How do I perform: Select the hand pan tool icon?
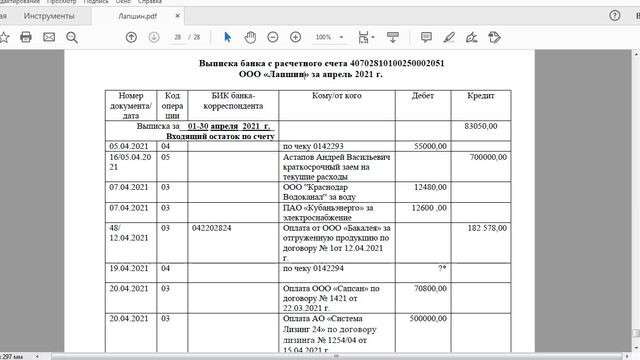point(250,37)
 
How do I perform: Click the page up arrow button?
point(131,37)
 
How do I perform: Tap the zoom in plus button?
point(295,37)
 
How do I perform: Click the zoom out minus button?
point(273,37)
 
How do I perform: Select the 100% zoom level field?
point(322,37)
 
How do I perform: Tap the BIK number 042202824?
point(211,228)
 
